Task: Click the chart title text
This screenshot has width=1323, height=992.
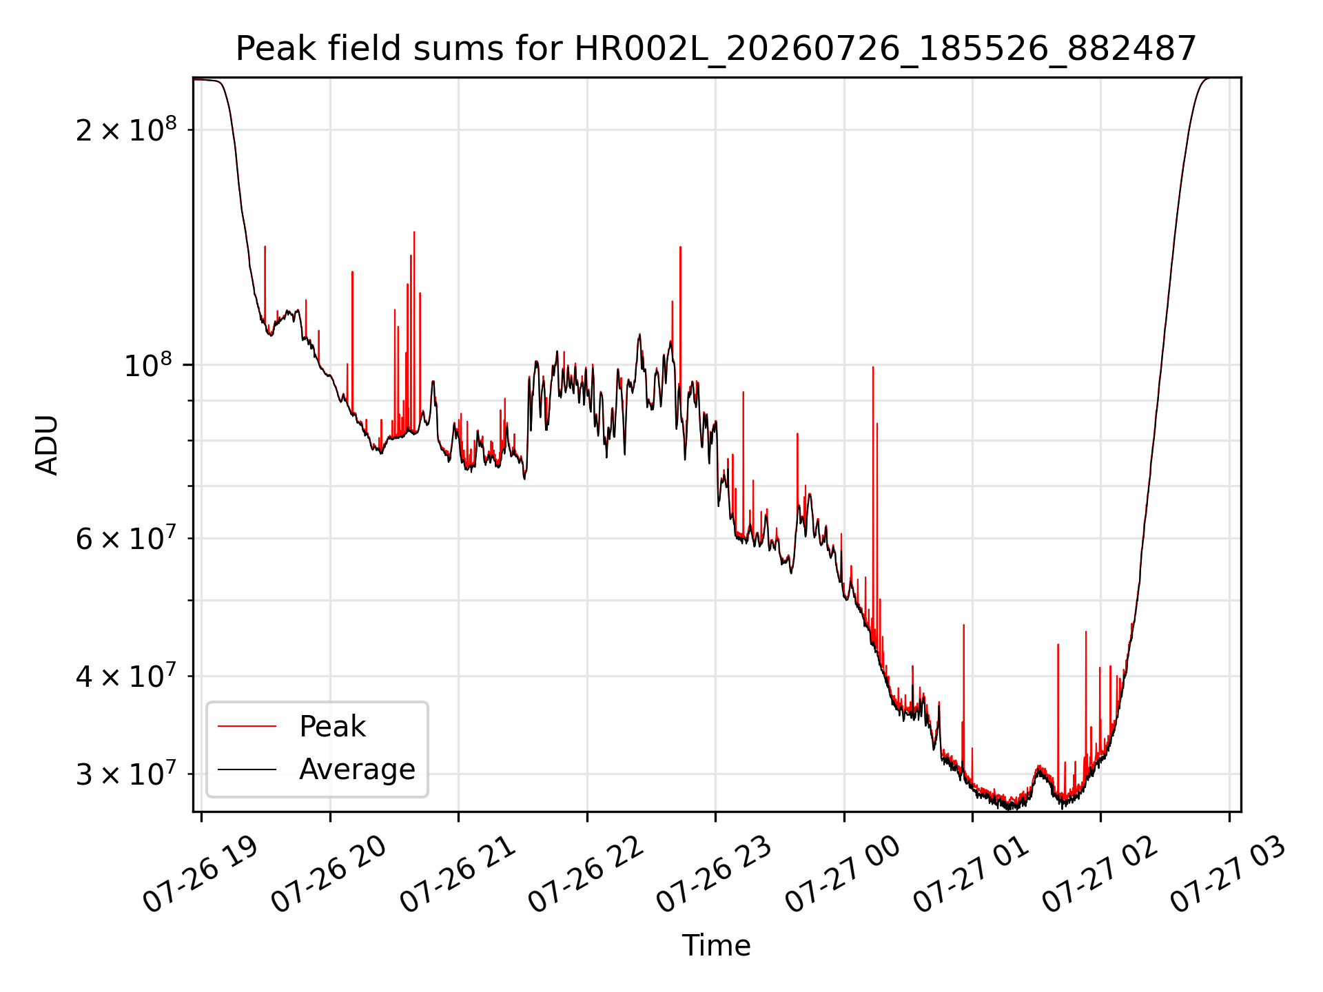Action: coord(716,49)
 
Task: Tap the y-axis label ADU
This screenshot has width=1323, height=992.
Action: coord(47,445)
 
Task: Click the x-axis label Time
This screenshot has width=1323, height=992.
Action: coord(716,945)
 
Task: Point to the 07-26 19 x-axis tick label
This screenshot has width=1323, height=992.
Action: coord(200,875)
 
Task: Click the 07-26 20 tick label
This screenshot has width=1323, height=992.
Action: coord(329,875)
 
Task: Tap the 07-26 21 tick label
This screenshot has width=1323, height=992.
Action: coord(458,875)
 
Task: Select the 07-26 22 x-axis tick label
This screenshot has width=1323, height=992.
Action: coord(586,875)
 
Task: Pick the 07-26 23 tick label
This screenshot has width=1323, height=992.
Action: coord(715,875)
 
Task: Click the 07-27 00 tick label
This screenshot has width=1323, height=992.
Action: coord(843,875)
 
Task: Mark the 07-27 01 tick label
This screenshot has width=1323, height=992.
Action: coord(972,875)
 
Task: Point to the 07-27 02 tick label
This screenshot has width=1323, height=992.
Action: coord(1100,875)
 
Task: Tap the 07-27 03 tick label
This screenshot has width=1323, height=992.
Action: coord(1229,875)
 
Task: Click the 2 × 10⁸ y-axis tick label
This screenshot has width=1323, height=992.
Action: coord(125,130)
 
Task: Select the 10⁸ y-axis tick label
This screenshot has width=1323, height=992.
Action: coord(150,365)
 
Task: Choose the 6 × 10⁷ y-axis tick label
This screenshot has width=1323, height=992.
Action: coord(125,539)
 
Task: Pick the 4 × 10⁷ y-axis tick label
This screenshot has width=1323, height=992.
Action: coord(125,676)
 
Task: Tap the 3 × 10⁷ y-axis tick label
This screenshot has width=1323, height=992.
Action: coord(125,774)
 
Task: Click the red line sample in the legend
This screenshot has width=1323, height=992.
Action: coord(247,726)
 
